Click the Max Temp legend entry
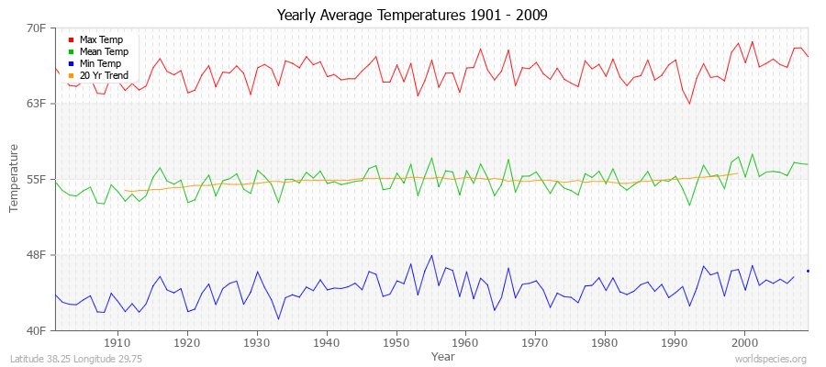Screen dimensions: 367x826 [101, 40]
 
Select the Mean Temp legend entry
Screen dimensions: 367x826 [104, 52]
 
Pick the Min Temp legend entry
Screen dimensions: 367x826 [100, 63]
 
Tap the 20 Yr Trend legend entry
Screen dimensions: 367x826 [104, 75]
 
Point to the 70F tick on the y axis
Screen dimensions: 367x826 [37, 28]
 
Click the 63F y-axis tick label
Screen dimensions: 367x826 [37, 104]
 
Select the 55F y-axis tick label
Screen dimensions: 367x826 [37, 179]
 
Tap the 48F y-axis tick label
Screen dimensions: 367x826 [37, 254]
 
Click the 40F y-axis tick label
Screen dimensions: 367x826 [37, 330]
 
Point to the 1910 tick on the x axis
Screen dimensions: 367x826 [117, 342]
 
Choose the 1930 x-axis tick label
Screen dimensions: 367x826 [257, 342]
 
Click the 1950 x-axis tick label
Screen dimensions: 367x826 [396, 342]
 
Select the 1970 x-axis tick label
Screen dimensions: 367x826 [535, 342]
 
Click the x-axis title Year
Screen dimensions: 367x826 [442, 355]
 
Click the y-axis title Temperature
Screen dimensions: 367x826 [15, 179]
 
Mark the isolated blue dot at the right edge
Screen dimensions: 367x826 [808, 271]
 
